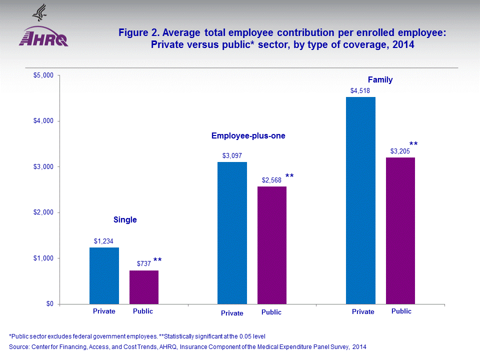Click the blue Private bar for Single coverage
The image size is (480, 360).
(104, 275)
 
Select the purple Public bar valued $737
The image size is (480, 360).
(144, 287)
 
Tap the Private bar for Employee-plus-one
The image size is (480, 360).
(232, 232)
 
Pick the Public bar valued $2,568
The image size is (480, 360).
(272, 245)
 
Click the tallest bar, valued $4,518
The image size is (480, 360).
(360, 200)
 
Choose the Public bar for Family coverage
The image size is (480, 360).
(400, 230)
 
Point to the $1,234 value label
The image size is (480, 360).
(104, 241)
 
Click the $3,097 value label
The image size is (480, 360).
(232, 155)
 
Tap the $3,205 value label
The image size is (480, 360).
(400, 151)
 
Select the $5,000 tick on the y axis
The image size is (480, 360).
(46, 75)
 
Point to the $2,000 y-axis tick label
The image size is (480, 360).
(46, 212)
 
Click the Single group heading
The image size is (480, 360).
(125, 219)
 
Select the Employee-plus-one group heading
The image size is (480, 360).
(248, 135)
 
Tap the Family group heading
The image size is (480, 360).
(380, 79)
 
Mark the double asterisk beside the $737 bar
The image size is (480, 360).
(157, 260)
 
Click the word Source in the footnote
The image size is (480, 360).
(19, 346)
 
